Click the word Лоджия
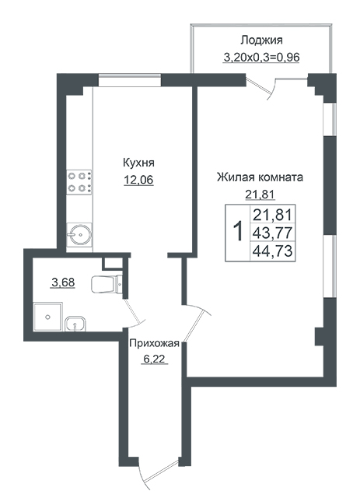coord(261,40)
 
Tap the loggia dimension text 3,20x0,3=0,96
coord(261,58)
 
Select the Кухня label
coord(138,163)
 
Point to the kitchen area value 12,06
coord(138,180)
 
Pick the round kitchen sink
coord(79,235)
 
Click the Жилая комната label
coord(260,177)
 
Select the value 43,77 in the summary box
coord(272,233)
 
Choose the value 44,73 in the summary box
coord(272,251)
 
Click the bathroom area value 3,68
coord(63,282)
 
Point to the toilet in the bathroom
coord(107,284)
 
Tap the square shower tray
coord(48,317)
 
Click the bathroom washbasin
coord(75,324)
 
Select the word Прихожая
coord(155,343)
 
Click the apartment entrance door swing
coord(159,478)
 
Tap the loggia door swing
coord(262,86)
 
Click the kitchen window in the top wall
coord(130,79)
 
